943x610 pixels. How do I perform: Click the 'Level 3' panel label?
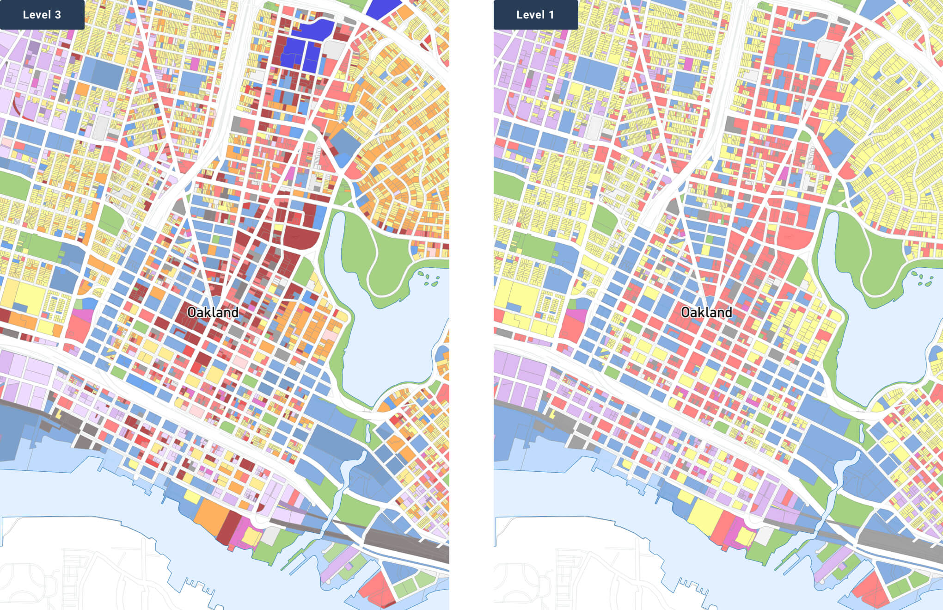click(42, 15)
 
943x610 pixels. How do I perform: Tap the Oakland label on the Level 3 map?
click(213, 313)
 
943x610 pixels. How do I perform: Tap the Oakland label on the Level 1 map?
click(706, 313)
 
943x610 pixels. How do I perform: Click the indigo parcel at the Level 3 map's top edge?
click(384, 8)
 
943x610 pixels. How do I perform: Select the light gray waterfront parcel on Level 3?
click(271, 534)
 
